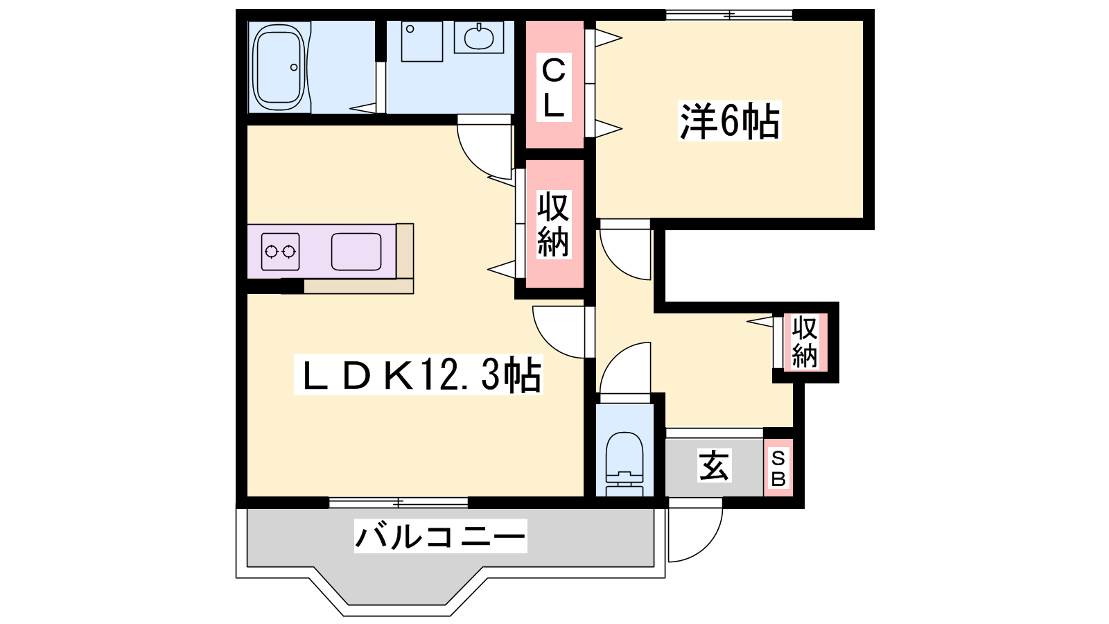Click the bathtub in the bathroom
[278, 67]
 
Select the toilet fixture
[625, 464]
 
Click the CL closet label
[554, 87]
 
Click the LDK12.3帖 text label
[419, 374]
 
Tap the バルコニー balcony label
[440, 536]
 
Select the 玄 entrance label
[713, 465]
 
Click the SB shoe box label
[778, 468]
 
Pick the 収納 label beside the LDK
[554, 225]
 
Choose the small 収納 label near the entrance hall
[805, 342]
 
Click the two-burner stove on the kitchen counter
[280, 252]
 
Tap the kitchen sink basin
[356, 252]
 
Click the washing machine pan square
[422, 41]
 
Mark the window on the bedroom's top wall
[729, 15]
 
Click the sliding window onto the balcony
[399, 503]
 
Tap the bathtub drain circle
[294, 67]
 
